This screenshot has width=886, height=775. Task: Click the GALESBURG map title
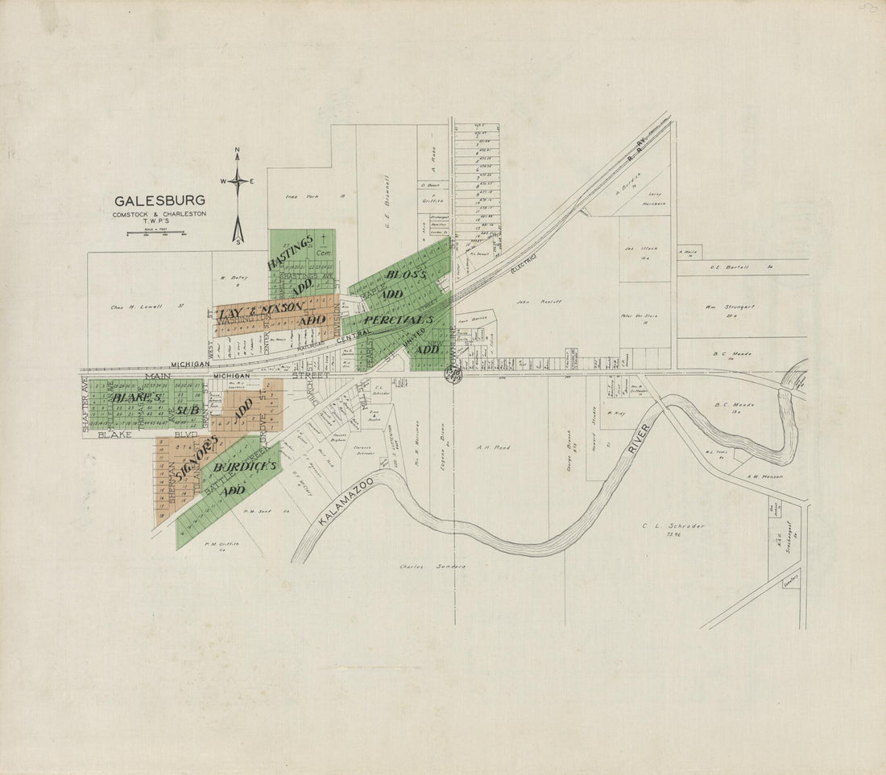click(x=159, y=201)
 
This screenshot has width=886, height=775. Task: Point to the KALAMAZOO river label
click(x=345, y=501)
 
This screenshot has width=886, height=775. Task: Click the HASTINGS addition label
click(x=289, y=252)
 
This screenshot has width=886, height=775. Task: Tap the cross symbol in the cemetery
click(x=324, y=238)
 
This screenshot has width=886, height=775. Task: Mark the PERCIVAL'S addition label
click(x=398, y=320)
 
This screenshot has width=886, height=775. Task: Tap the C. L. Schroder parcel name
click(x=673, y=526)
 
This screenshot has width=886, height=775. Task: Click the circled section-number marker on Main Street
click(x=453, y=375)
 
